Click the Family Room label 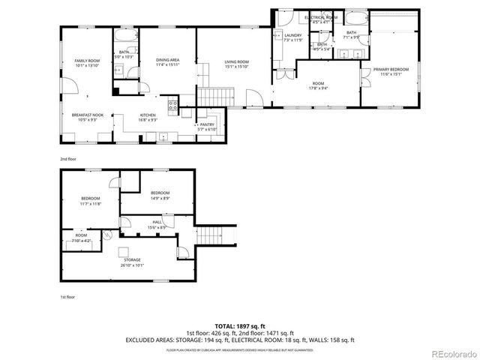87,63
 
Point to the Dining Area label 167,62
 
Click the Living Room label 235,64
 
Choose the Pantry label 206,127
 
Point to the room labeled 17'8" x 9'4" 318,85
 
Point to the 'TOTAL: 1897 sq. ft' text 239,326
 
